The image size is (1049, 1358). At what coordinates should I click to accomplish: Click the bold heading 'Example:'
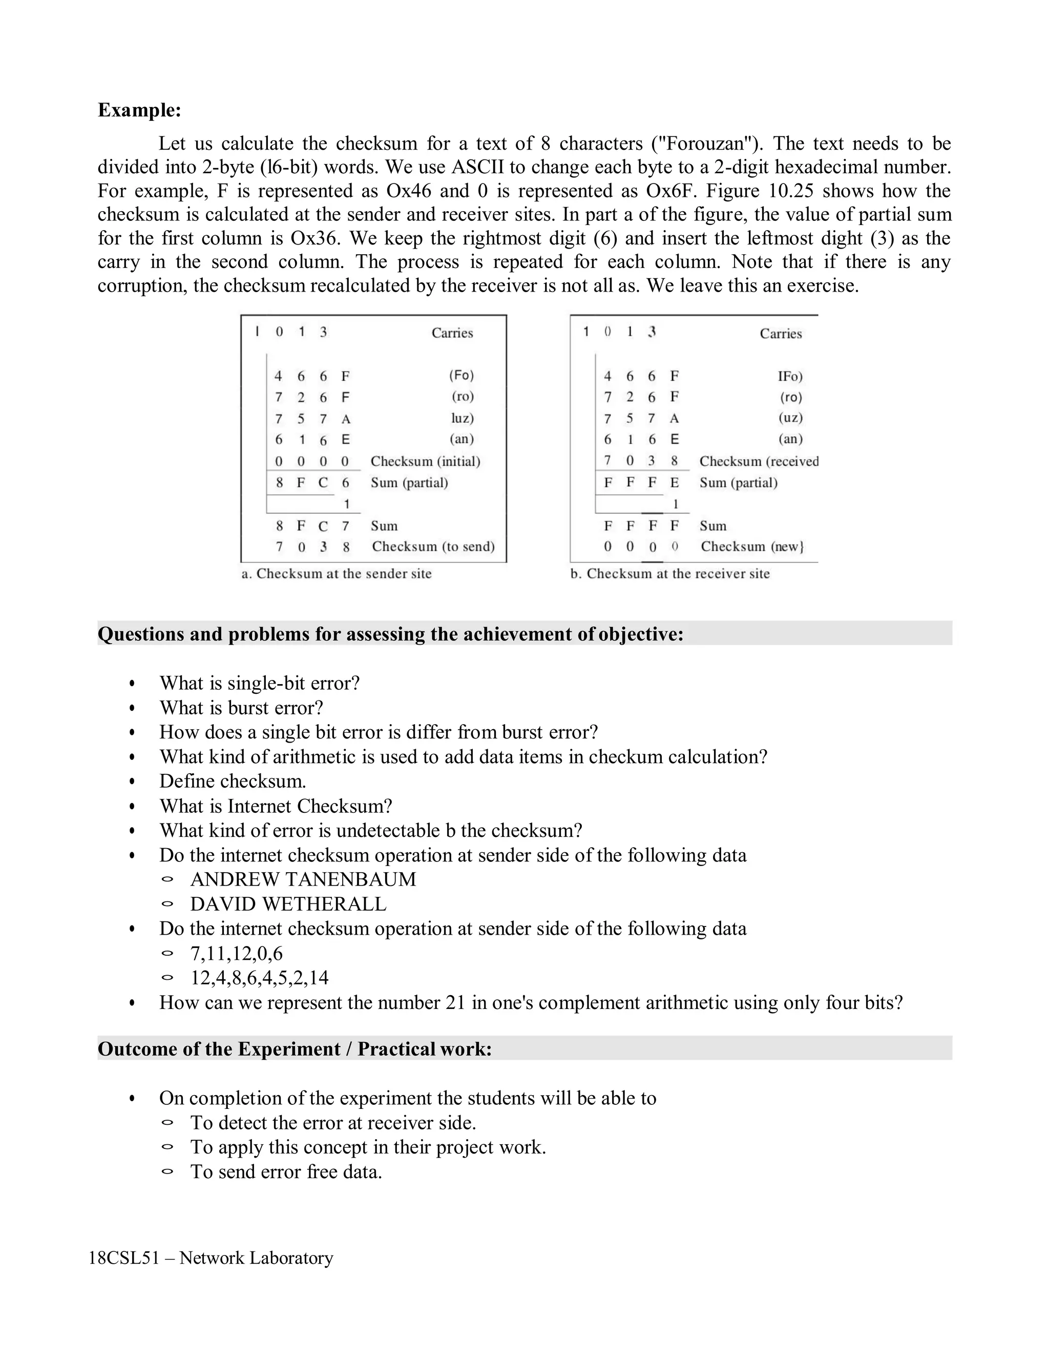(139, 110)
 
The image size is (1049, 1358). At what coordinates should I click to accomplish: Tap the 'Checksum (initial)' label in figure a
(425, 461)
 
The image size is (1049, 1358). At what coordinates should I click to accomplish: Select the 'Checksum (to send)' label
(433, 547)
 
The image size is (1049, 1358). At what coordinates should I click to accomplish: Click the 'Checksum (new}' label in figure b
(752, 547)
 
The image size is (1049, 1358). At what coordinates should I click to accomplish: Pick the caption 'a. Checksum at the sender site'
(336, 573)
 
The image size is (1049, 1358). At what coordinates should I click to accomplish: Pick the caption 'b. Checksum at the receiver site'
(670, 573)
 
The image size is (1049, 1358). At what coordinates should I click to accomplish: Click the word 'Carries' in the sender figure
(452, 333)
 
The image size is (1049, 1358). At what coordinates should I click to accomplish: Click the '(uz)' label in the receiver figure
(790, 418)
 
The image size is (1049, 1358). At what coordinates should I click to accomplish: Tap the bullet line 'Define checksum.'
(233, 781)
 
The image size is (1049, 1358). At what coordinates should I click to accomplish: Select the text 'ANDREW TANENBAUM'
(303, 879)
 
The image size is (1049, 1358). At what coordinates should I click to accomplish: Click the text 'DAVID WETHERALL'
(288, 904)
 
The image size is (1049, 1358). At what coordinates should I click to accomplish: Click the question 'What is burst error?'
(241, 708)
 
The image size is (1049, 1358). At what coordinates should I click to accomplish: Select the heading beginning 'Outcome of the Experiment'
(295, 1049)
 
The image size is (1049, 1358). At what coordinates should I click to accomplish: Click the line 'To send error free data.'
(286, 1171)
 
